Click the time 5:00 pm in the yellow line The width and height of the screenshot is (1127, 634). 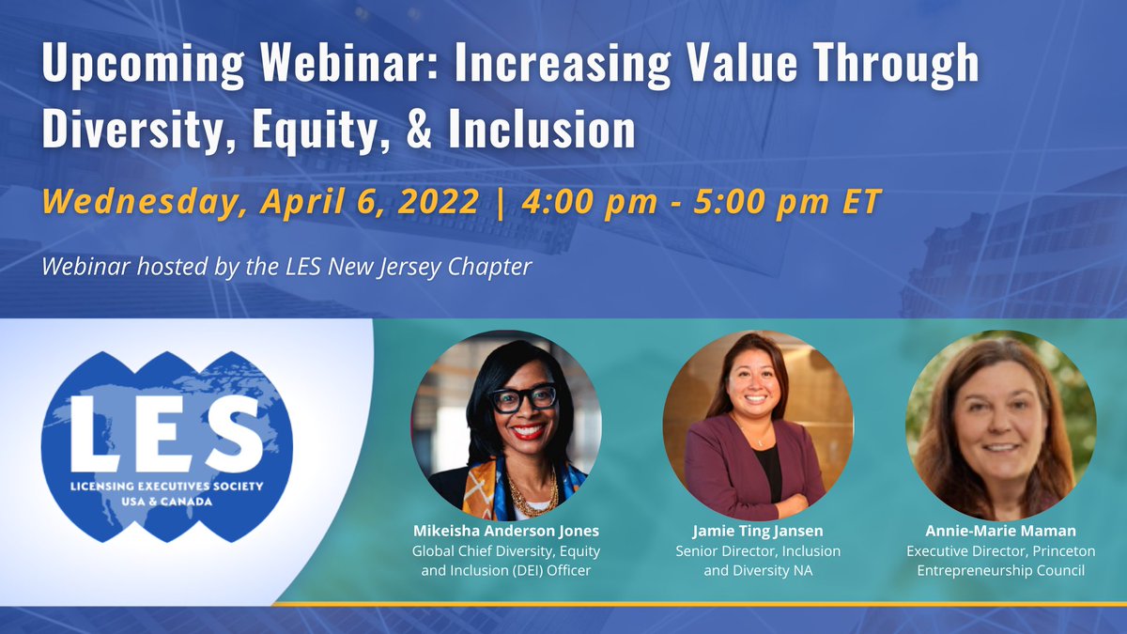767,202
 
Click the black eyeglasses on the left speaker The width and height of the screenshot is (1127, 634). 522,398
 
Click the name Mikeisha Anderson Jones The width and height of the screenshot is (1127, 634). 505,532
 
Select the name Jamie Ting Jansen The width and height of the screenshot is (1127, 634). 757,532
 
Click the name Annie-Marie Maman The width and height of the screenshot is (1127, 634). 1000,532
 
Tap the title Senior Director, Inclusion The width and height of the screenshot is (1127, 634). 757,550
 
